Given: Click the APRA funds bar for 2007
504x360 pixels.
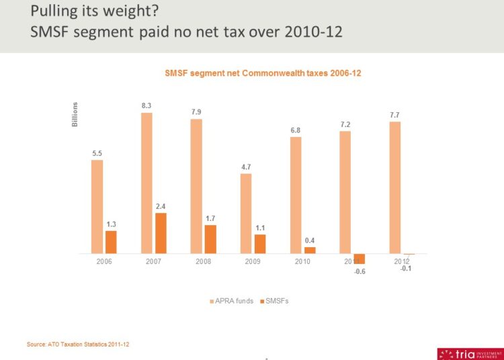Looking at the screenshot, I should [146, 183].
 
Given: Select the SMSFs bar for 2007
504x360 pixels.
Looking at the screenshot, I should [161, 233].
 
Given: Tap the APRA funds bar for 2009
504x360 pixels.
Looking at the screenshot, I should [246, 213].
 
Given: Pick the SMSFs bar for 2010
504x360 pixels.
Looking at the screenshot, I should [310, 250].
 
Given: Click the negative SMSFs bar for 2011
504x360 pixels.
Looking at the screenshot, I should [360, 259].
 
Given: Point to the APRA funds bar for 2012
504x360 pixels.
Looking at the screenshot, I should [395, 187].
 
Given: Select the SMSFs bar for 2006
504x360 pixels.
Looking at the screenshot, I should [111, 242].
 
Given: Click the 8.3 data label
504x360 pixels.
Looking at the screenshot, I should [146, 105].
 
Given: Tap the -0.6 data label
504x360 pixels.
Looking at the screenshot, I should [360, 271].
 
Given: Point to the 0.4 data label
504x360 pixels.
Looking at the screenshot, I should [310, 240].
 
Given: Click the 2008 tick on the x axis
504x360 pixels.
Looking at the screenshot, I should [203, 261].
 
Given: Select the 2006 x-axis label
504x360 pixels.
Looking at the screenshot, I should [104, 261].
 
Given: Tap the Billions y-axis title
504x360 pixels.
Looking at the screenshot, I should [75, 114].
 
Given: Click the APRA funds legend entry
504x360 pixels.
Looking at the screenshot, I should [232, 301].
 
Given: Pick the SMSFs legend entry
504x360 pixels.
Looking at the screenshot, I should [276, 301].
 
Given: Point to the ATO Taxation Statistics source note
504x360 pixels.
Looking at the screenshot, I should [78, 344].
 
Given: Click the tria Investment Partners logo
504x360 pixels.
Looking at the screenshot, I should [469, 353].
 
